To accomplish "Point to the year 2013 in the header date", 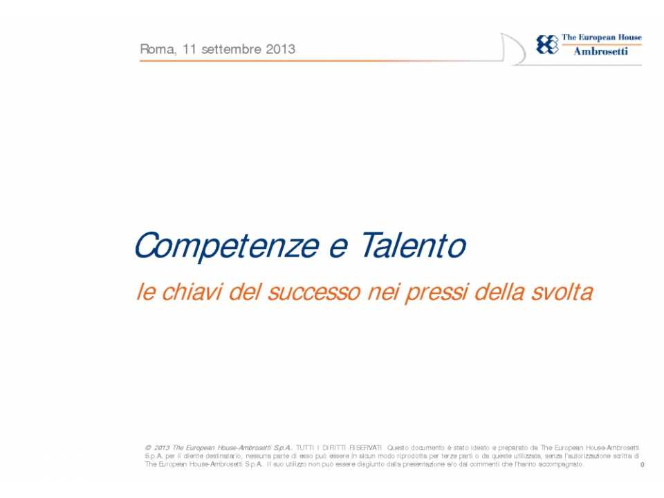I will [x=279, y=50].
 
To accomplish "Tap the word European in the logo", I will [x=600, y=38].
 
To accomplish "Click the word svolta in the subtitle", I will [x=562, y=292].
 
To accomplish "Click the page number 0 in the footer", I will [x=642, y=466].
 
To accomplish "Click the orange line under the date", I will [x=311, y=61].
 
